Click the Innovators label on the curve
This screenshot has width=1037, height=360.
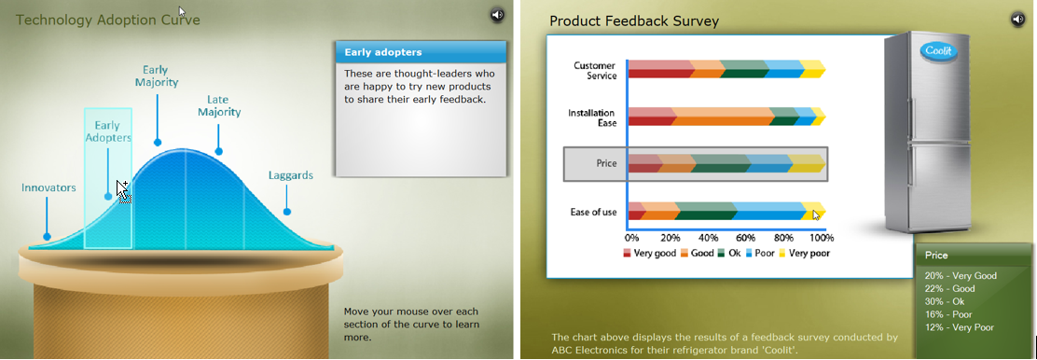point(48,188)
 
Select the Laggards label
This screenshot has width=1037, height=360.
point(291,175)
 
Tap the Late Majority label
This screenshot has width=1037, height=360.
point(219,106)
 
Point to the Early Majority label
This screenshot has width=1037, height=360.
point(157,76)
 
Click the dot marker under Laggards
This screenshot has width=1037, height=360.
point(287,212)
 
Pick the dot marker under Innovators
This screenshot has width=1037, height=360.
point(47,236)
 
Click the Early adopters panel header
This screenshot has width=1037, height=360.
point(421,52)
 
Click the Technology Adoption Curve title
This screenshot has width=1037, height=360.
point(108,20)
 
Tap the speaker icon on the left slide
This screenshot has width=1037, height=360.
point(497,15)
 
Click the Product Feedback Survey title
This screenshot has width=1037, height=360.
point(634,21)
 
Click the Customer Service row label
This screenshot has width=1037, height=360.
point(595,70)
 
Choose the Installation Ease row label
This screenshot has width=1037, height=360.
point(592,118)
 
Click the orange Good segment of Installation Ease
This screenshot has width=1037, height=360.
point(723,116)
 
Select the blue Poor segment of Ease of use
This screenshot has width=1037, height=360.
point(769,211)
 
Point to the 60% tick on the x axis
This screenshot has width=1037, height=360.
point(746,238)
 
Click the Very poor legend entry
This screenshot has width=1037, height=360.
point(804,253)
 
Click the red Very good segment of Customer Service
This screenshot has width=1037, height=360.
point(658,69)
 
